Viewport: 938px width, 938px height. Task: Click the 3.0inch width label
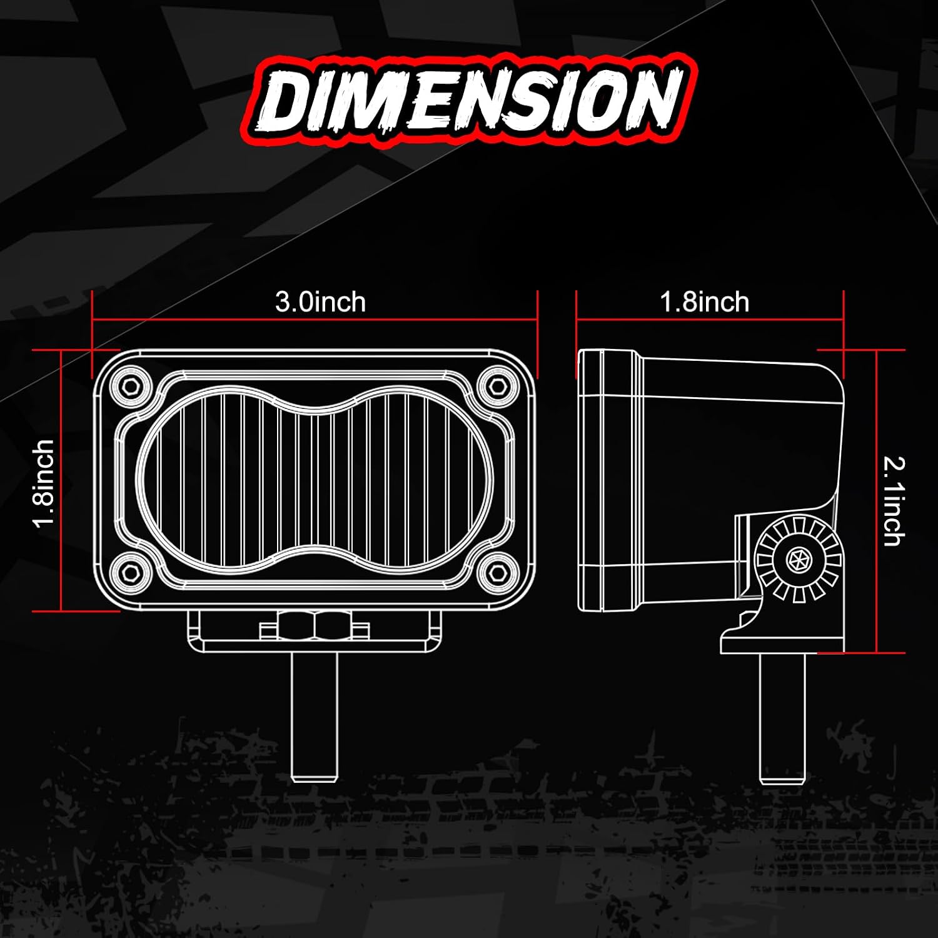tap(320, 302)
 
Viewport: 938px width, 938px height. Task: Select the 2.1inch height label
tap(894, 502)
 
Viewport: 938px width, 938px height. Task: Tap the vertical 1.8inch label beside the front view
tap(44, 483)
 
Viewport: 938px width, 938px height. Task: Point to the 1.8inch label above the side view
tap(705, 302)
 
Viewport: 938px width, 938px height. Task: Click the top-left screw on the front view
tap(130, 385)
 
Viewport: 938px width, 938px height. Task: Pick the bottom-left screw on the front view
tap(130, 570)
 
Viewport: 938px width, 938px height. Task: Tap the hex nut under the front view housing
tap(315, 626)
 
